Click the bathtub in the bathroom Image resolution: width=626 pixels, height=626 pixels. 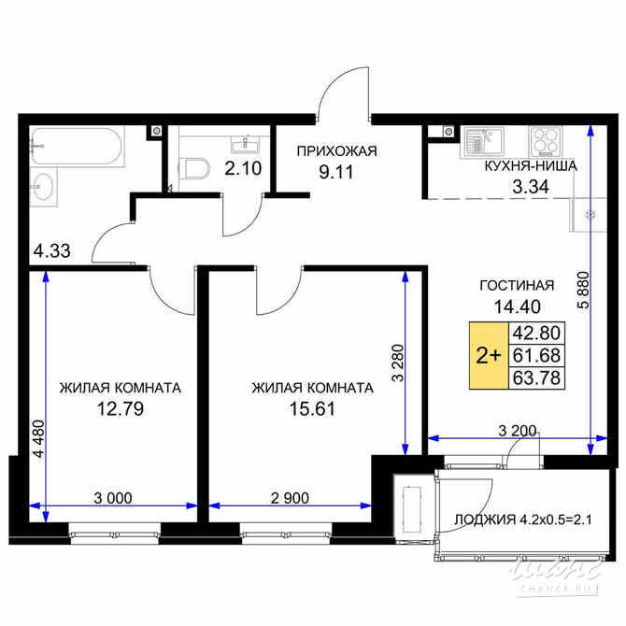pyautogui.click(x=74, y=147)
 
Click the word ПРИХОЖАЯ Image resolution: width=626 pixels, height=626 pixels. pyautogui.click(x=323, y=150)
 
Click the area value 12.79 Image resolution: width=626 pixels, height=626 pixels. pyautogui.click(x=118, y=407)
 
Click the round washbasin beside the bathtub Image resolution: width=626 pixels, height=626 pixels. pyautogui.click(x=43, y=189)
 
